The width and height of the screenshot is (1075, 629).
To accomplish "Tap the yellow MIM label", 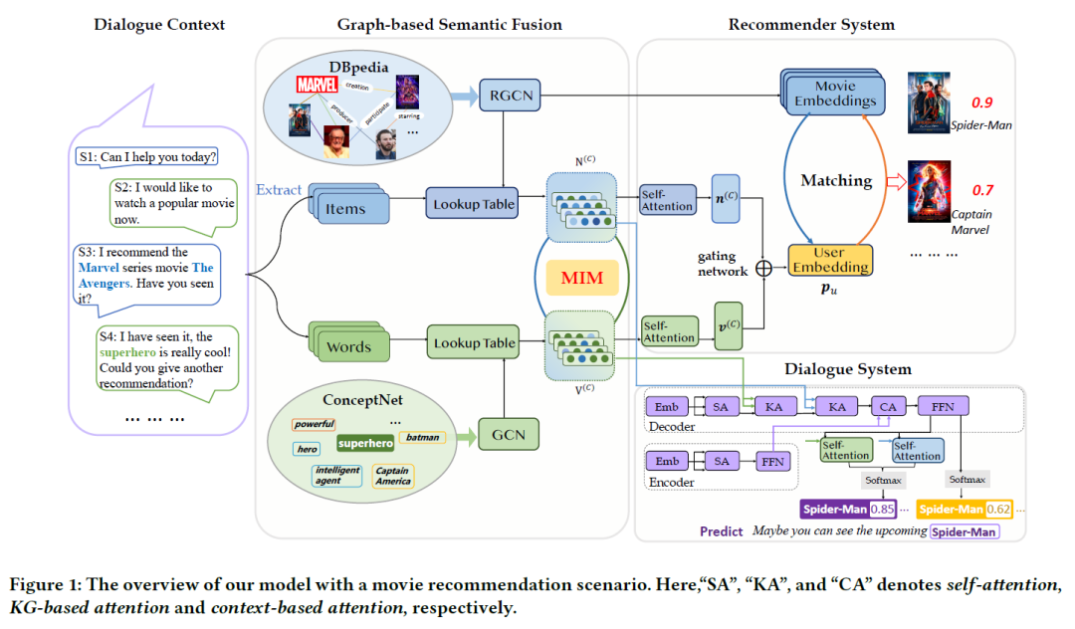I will (582, 278).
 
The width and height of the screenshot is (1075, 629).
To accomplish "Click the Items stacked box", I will (347, 207).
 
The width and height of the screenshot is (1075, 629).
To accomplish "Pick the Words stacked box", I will (347, 345).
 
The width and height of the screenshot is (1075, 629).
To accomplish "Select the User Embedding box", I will (830, 259).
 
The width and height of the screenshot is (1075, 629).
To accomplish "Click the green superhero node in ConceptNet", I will (365, 443).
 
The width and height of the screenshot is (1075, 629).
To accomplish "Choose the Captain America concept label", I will (392, 477).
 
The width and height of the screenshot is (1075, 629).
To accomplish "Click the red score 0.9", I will (981, 103).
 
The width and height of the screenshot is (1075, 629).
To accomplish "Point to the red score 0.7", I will (981, 190).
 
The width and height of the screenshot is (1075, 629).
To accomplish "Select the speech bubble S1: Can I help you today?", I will (146, 157).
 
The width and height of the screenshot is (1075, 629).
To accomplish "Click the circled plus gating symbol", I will (764, 268).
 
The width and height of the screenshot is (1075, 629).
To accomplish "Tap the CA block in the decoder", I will (886, 406).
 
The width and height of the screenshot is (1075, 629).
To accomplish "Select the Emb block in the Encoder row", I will (667, 461).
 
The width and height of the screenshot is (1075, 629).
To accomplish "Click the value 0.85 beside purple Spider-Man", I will (882, 510).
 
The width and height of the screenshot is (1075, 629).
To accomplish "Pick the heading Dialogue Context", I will (159, 24).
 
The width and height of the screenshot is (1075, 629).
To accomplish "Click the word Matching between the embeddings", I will (836, 180).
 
